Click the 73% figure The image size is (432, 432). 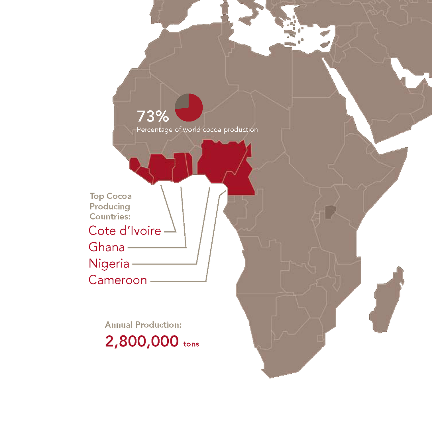pos(153,117)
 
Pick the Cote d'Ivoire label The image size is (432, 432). pos(125,231)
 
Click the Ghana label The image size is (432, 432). pos(106,247)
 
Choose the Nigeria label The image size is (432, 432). pos(109,263)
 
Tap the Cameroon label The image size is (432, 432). pos(117,280)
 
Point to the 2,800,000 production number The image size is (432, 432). pos(142,342)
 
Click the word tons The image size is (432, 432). pos(191,345)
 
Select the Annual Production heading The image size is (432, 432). pos(143,325)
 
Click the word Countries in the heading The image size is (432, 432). pos(110,216)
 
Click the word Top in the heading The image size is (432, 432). pos(97,196)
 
